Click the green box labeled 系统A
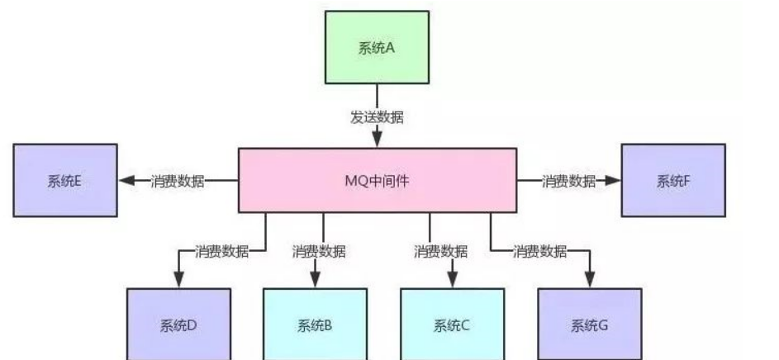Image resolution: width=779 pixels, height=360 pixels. tap(378, 47)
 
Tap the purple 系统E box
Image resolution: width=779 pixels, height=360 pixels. tap(65, 181)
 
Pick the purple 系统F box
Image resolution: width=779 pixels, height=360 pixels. tap(672, 181)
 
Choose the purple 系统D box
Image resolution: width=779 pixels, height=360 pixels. tap(178, 324)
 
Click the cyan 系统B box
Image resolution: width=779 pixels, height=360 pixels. tap(315, 324)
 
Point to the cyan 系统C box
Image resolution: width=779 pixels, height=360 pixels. tap(452, 324)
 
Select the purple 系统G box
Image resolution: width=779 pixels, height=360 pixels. tap(589, 324)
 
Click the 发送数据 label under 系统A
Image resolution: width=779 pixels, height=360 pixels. tap(378, 117)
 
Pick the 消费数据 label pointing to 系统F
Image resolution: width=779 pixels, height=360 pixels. tap(568, 181)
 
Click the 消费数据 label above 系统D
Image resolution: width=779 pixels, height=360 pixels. tap(221, 251)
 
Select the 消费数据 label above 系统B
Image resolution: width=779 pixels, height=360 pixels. tap(319, 251)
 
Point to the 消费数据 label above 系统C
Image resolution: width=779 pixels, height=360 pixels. tap(440, 251)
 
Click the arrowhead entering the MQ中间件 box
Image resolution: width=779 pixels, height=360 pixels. tap(378, 140)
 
